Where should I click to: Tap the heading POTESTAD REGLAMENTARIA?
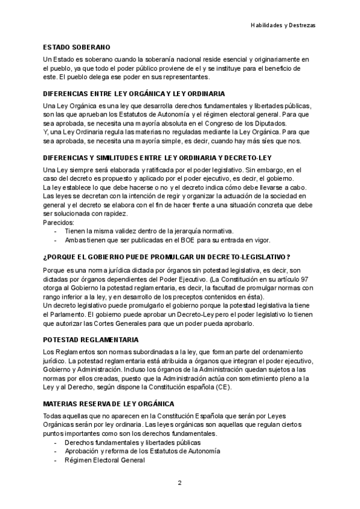click(x=91, y=340)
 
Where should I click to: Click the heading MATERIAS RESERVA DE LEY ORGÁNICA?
click(x=109, y=404)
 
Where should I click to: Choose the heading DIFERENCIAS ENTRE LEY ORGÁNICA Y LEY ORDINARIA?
click(x=134, y=94)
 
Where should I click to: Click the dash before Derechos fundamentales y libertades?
click(x=56, y=442)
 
